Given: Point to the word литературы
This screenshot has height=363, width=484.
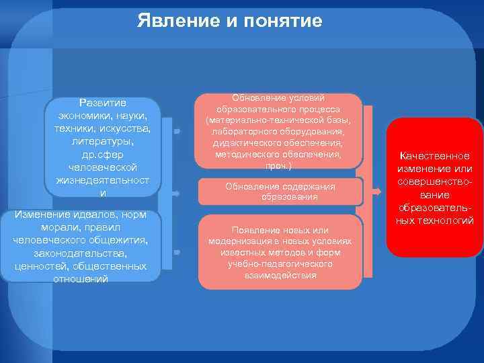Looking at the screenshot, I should coord(103,142).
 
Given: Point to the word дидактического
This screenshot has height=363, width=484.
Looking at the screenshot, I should coord(245,143).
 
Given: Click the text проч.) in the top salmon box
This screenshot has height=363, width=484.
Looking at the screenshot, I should coord(278,165).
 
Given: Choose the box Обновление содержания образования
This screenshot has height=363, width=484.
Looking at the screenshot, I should coord(279,192).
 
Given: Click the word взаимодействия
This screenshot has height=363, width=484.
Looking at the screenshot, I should coord(281,276).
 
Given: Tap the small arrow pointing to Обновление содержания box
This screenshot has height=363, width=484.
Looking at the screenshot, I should coord(176,193).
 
